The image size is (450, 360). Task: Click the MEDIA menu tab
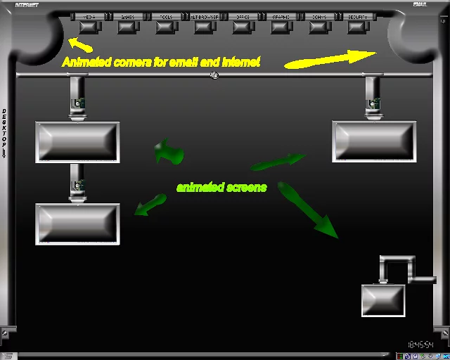pyautogui.click(x=89, y=17)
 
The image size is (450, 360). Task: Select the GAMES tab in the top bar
pyautogui.click(x=128, y=17)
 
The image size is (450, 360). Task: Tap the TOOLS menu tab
pyautogui.click(x=166, y=17)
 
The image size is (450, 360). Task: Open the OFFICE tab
pyautogui.click(x=243, y=17)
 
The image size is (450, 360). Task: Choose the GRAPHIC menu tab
pyautogui.click(x=281, y=17)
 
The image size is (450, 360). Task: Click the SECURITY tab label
pyautogui.click(x=358, y=17)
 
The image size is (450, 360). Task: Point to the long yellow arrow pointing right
pyautogui.click(x=330, y=59)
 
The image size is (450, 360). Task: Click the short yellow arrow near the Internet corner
pyautogui.click(x=80, y=46)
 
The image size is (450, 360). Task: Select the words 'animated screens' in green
pyautogui.click(x=221, y=188)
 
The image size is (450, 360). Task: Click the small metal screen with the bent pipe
pyautogui.click(x=383, y=300)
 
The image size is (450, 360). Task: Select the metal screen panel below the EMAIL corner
pyautogui.click(x=373, y=141)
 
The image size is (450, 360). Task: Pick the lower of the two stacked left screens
pyautogui.click(x=77, y=224)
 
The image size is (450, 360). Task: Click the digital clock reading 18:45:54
pyautogui.click(x=421, y=345)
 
